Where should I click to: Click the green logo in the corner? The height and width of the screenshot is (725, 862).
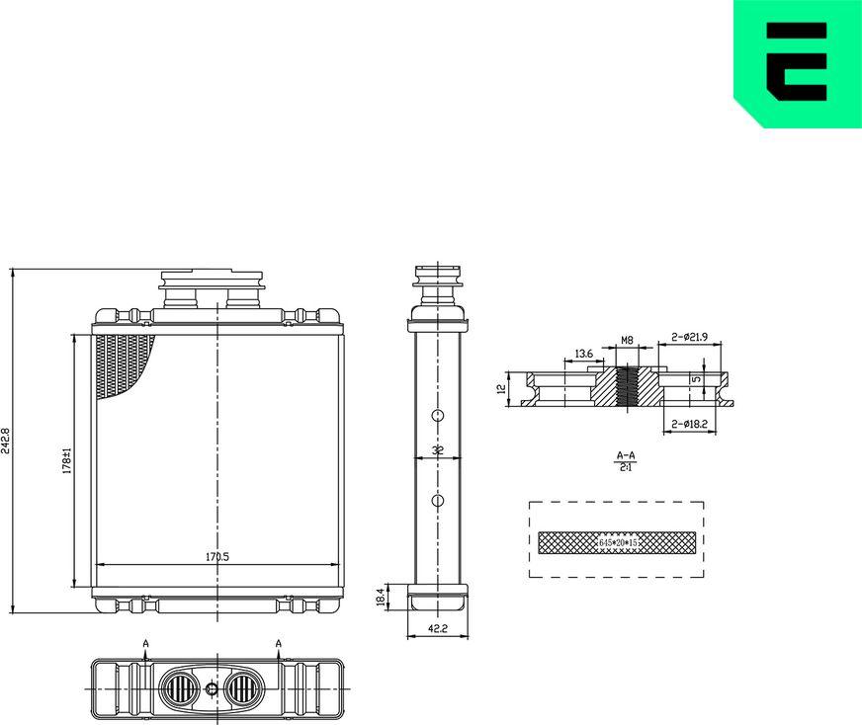(797, 63)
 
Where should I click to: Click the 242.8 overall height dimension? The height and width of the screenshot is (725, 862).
(8, 441)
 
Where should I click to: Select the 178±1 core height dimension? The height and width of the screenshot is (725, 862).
(66, 459)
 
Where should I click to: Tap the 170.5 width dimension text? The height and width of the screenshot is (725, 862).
(216, 557)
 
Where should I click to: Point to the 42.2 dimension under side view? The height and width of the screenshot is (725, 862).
(436, 627)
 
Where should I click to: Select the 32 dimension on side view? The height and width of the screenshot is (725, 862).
(437, 450)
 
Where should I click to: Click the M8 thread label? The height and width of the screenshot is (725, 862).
(627, 341)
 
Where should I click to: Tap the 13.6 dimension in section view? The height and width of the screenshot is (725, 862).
(583, 354)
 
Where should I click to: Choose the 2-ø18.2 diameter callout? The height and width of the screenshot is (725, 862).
(688, 424)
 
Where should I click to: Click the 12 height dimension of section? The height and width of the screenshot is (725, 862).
(501, 389)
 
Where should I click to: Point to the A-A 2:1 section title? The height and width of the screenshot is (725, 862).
(625, 460)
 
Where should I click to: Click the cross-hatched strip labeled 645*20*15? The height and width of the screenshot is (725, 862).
(617, 541)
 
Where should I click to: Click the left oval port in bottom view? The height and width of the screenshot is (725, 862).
(179, 687)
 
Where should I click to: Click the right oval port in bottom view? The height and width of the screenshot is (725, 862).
(243, 687)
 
